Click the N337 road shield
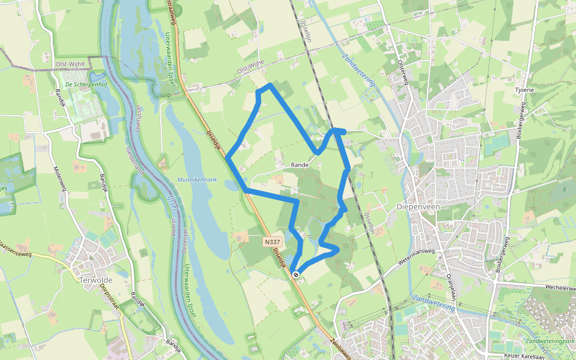271,242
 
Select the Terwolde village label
96,280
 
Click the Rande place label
299,164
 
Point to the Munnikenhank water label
197,180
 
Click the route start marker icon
296,275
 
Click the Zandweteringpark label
549,341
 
